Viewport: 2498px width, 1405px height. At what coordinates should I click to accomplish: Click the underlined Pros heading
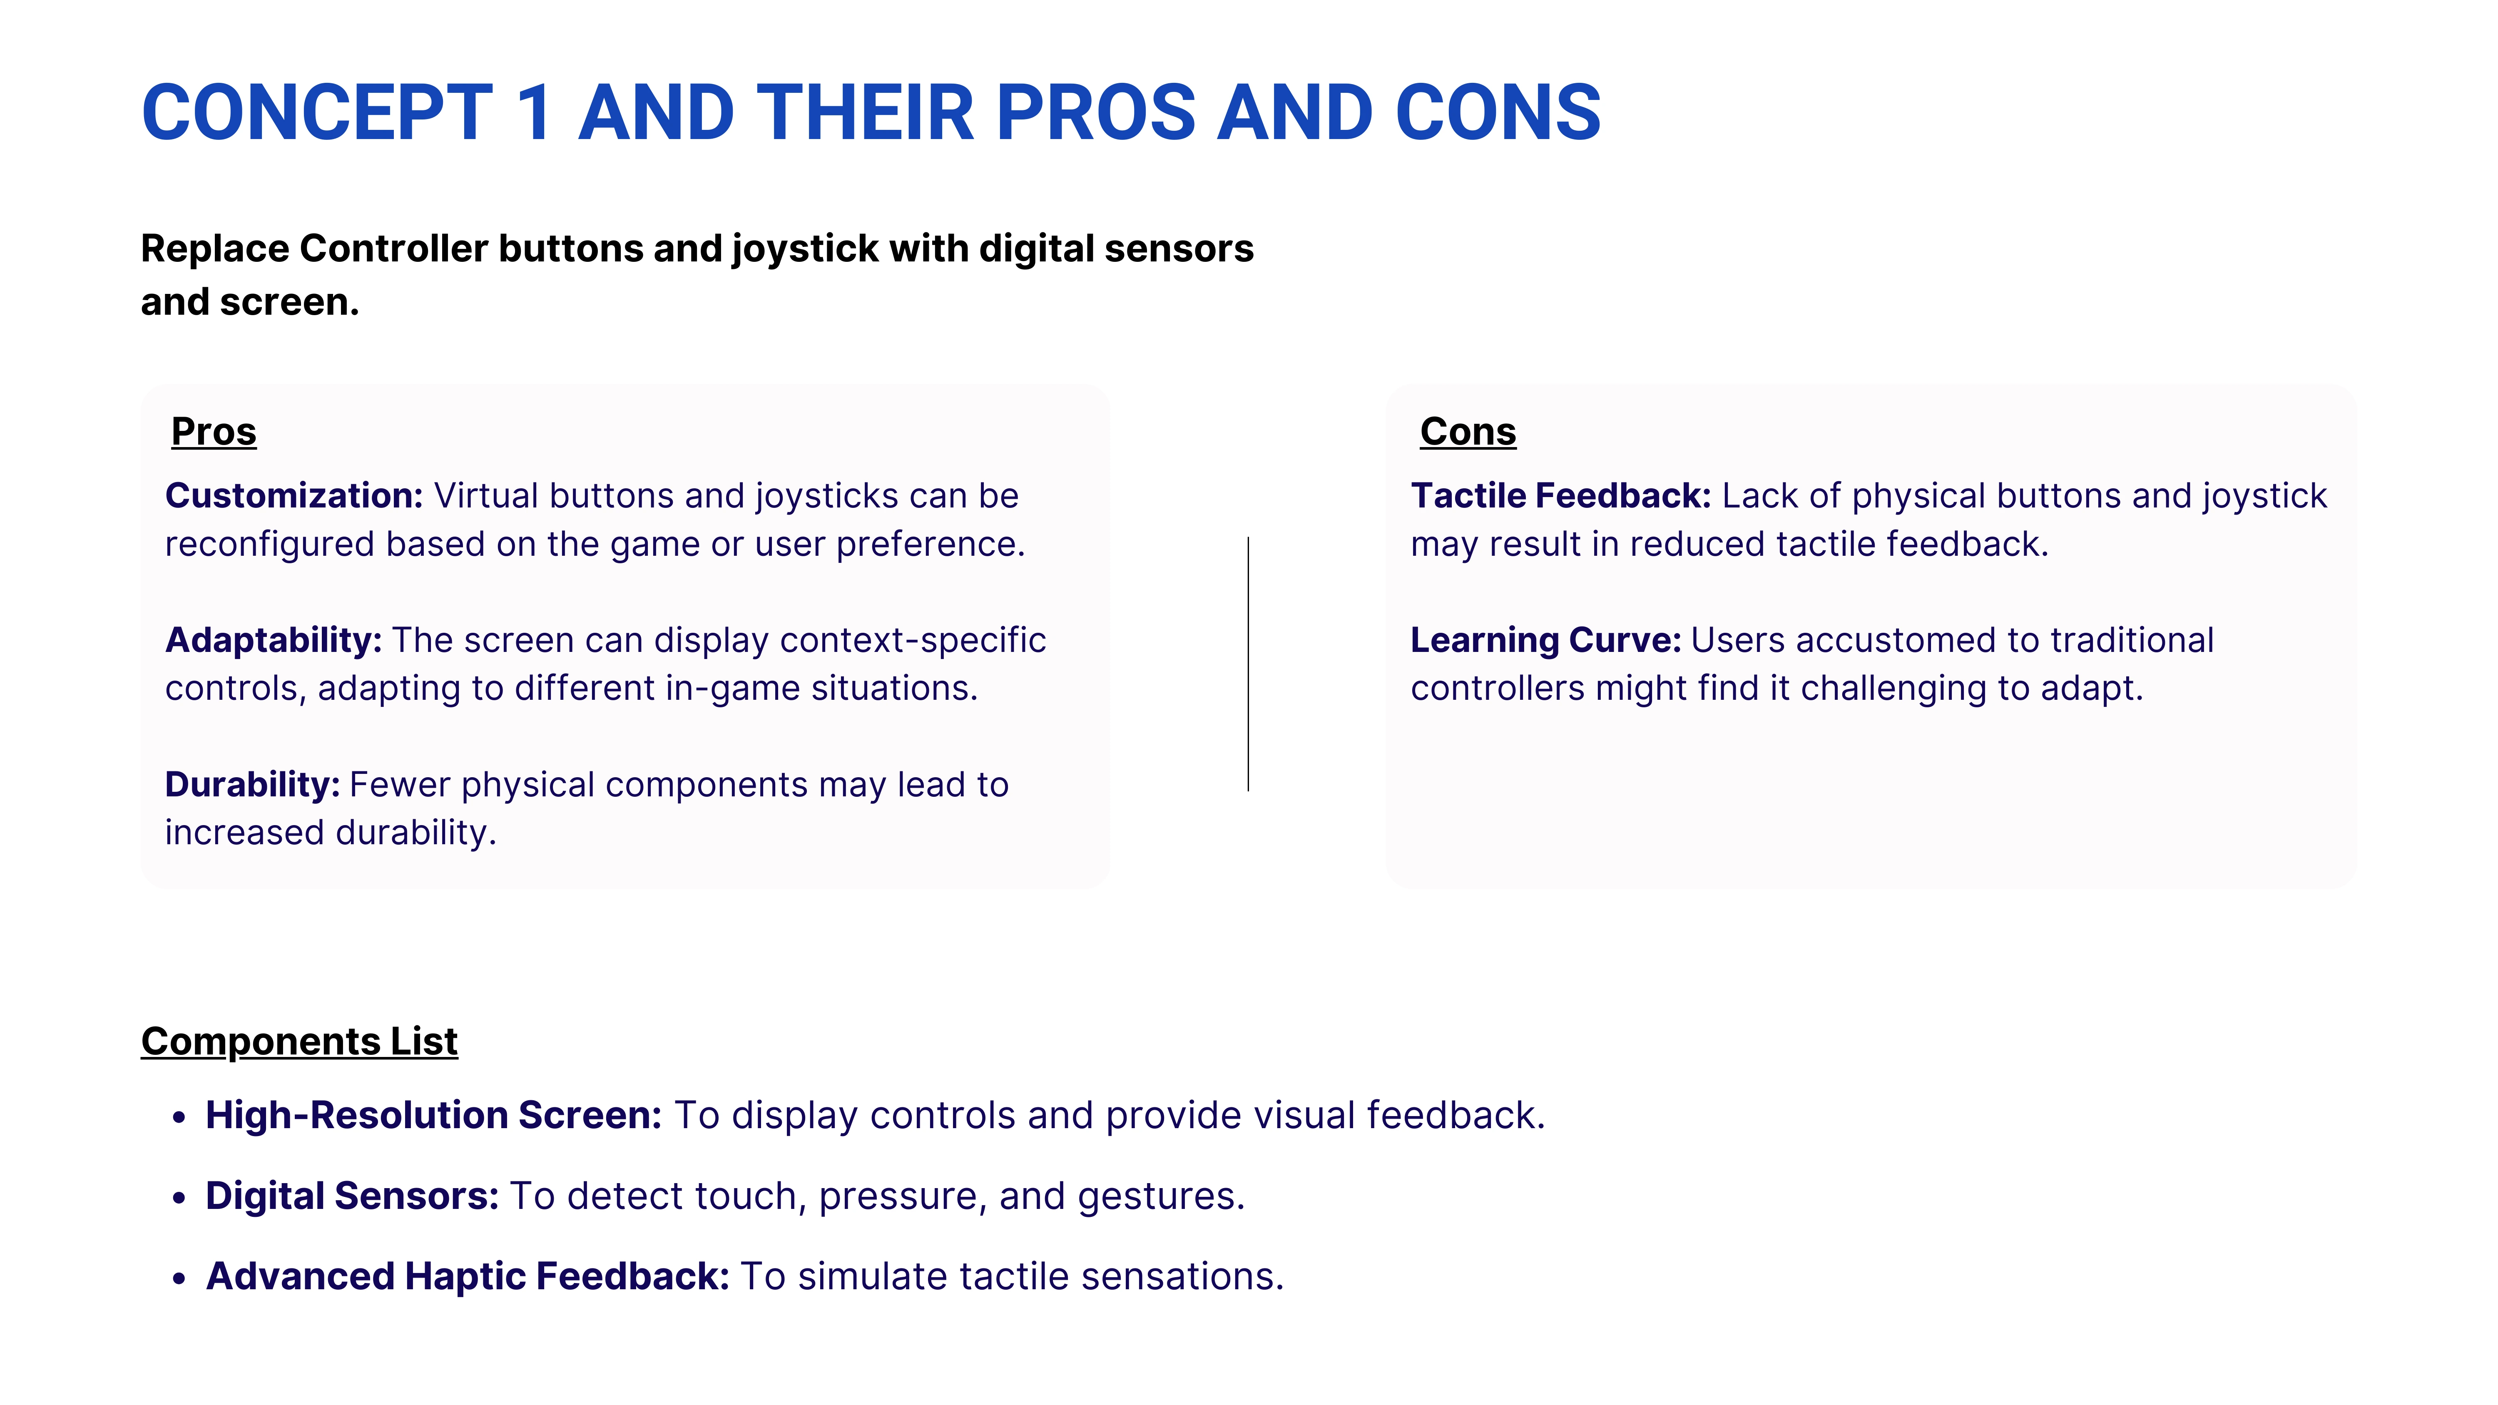[x=213, y=431]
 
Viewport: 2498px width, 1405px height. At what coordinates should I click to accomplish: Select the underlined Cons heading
[x=1468, y=431]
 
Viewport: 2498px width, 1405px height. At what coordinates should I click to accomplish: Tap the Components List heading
[x=299, y=1042]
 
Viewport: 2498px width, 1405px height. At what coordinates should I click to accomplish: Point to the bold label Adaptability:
[x=274, y=640]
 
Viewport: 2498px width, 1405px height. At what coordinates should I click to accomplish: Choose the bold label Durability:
[x=252, y=784]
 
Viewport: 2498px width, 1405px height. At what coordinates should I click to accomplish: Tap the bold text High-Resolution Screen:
[x=433, y=1115]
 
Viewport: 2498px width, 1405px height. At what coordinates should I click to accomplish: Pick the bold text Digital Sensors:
[x=352, y=1196]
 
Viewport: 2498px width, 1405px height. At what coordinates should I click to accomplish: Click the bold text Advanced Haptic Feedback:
[x=468, y=1276]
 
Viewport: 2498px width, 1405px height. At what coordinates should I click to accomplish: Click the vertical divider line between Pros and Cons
[x=1248, y=664]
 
